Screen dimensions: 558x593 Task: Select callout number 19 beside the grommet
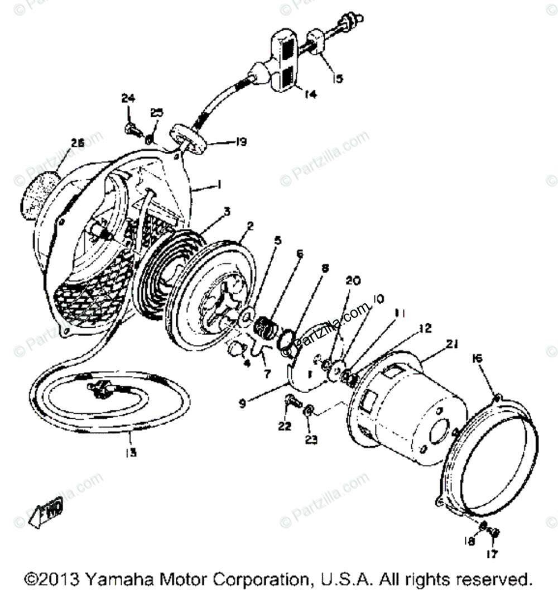tap(240, 143)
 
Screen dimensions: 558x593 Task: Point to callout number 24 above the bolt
tap(128, 99)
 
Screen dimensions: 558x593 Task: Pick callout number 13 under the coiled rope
tap(130, 452)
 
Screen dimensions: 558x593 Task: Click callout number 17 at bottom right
tap(493, 554)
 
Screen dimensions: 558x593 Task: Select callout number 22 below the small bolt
tap(285, 426)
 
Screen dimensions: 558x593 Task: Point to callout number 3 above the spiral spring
tap(210, 211)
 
